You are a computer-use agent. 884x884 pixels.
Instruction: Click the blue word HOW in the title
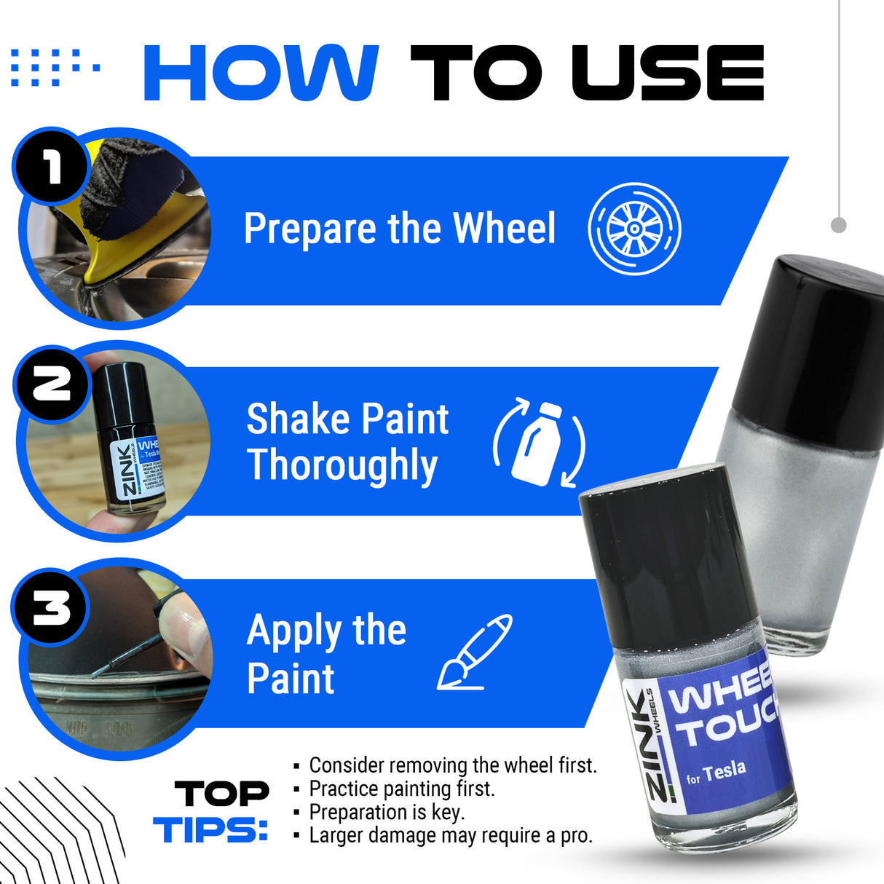tap(261, 73)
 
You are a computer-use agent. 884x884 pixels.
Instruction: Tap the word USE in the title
tap(668, 73)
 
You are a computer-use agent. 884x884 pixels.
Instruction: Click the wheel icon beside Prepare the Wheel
tap(634, 229)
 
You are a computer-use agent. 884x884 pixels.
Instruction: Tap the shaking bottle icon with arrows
tap(540, 443)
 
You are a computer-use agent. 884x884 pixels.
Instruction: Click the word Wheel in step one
tap(504, 229)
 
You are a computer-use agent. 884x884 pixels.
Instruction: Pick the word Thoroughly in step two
tap(342, 466)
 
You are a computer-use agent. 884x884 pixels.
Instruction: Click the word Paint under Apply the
tap(291, 679)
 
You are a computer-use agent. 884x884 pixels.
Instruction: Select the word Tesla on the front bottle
tap(725, 770)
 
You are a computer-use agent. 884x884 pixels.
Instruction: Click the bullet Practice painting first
tap(401, 789)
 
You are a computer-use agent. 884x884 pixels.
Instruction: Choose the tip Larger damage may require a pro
tap(450, 835)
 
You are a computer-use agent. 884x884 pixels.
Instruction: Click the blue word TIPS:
tap(210, 830)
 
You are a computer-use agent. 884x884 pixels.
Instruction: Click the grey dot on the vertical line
tap(839, 225)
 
